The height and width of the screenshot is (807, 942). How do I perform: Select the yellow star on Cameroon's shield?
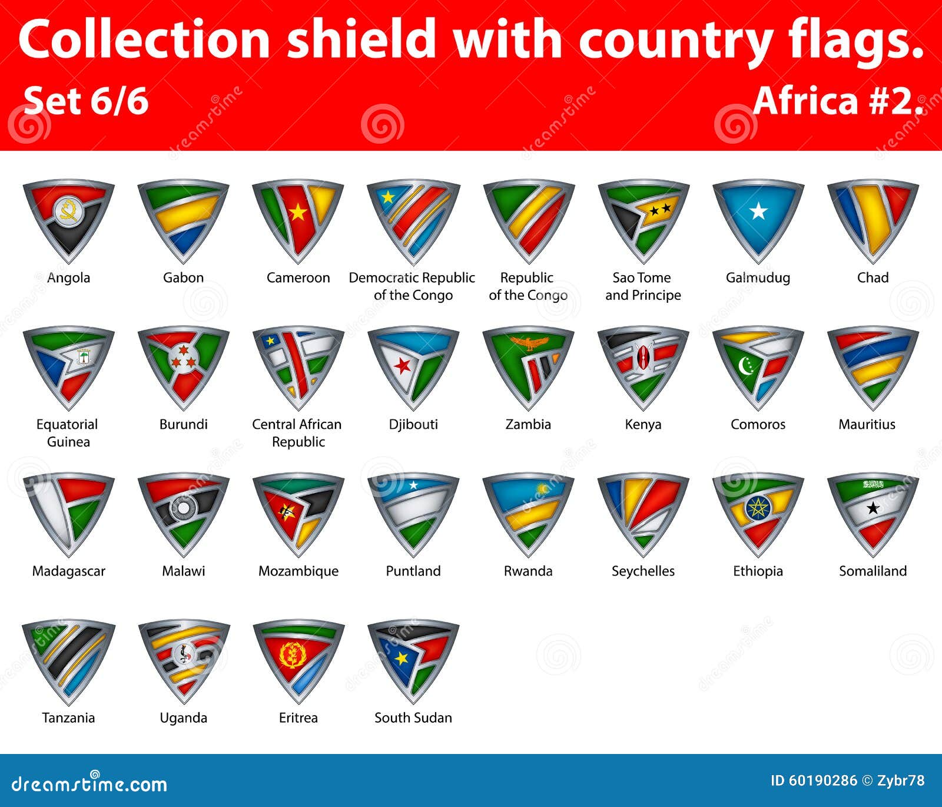point(298,211)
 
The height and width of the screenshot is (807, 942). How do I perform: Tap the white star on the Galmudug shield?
point(758,210)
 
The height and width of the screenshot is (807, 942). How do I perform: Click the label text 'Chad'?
point(873,277)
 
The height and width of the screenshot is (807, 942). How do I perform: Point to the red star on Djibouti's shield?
point(403,366)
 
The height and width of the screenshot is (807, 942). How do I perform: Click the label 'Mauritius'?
point(867,424)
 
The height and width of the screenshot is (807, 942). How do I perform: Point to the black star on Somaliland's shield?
point(873,508)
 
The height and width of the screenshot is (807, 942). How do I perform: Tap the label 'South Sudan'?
point(413,717)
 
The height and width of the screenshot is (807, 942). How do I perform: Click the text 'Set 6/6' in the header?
point(87,101)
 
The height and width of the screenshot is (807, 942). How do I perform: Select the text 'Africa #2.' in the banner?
point(838,101)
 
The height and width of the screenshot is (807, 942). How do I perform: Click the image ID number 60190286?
point(822,780)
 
